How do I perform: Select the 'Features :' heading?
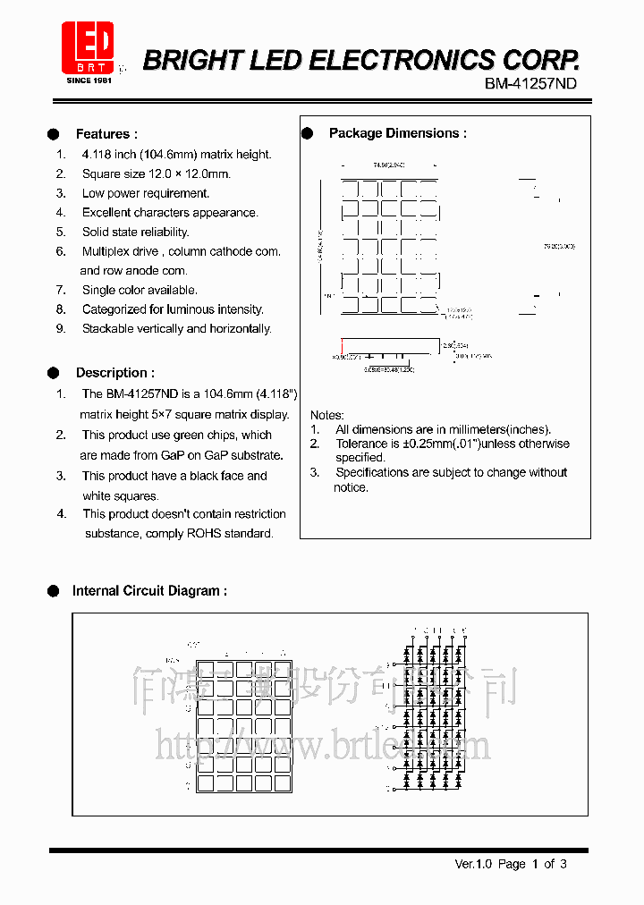pos(106,134)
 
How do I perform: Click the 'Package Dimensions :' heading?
pos(397,133)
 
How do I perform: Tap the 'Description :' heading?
pos(114,373)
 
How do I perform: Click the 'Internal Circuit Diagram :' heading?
pos(149,591)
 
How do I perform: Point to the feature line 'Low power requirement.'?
pos(146,193)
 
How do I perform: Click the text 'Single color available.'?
pos(140,290)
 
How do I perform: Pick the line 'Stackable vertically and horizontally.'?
pos(176,328)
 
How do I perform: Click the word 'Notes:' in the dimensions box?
pos(326,415)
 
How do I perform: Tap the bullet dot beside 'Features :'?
pos(54,134)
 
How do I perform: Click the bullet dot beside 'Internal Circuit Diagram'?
pos(53,591)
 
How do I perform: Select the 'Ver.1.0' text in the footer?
pos(474,864)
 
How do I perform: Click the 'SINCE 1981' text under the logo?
pos(89,80)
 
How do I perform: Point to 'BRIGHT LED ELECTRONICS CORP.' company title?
pos(361,60)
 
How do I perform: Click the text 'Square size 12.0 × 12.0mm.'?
pos(156,173)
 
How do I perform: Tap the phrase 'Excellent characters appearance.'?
pos(170,213)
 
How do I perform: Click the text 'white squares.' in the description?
pos(120,495)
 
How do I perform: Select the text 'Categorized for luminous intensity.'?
pos(173,309)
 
